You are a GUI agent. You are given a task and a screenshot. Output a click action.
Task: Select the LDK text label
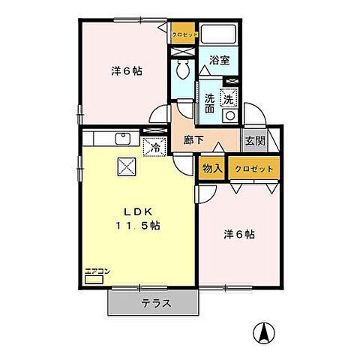click(x=135, y=211)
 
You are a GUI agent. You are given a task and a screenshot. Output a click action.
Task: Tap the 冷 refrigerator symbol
click(x=154, y=147)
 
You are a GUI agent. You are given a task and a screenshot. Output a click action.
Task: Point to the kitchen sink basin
click(x=122, y=139)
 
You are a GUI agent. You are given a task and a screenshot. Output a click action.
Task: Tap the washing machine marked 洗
click(x=229, y=97)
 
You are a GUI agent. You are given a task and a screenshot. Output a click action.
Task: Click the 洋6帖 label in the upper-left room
click(x=128, y=71)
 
